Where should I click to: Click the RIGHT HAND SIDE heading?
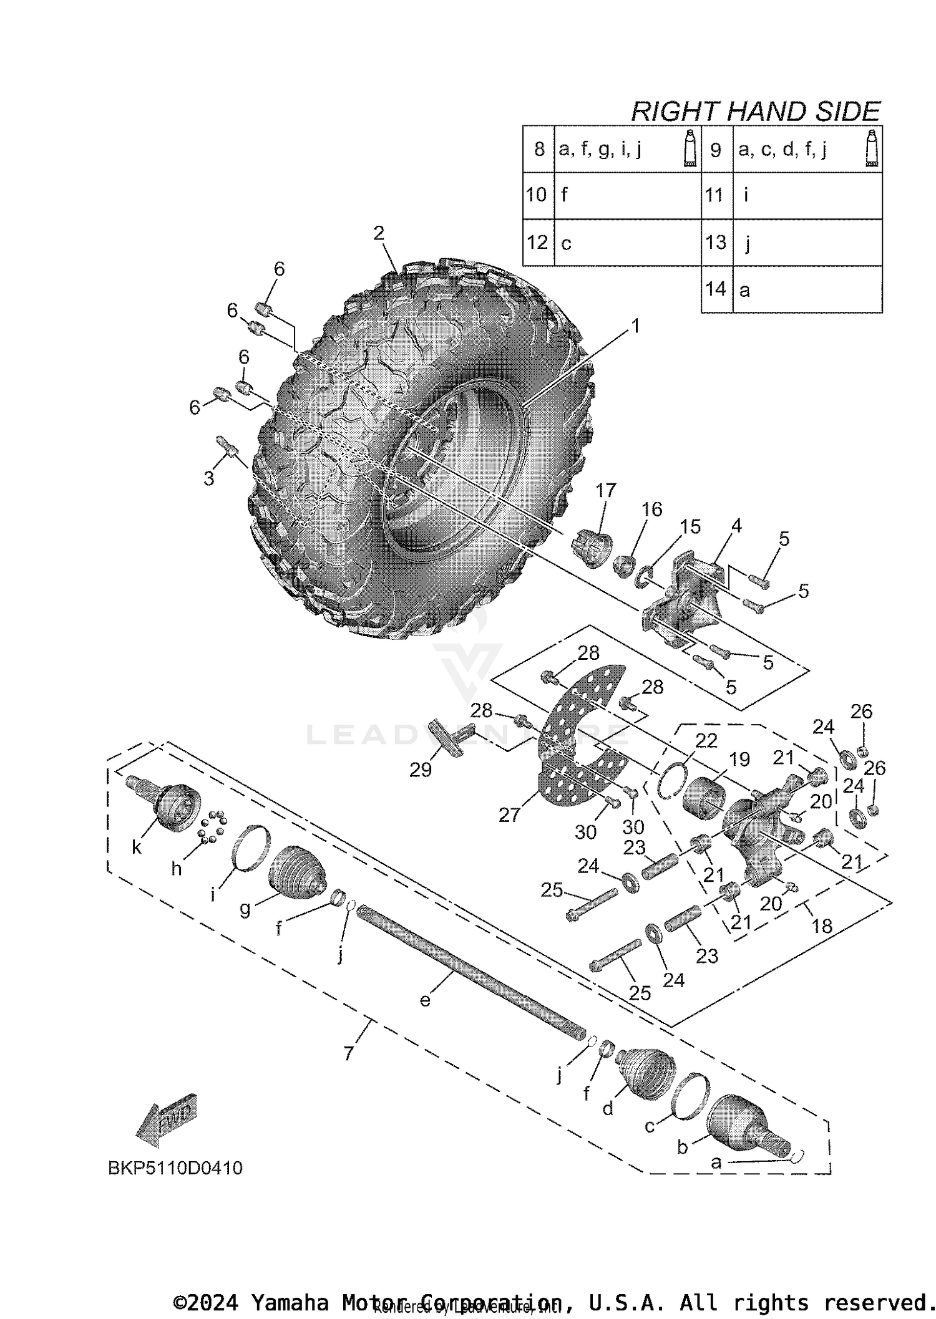point(755,112)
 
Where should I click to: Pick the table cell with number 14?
point(716,289)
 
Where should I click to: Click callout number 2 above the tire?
point(379,234)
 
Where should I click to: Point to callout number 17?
point(605,490)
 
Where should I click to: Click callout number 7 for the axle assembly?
point(348,1053)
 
